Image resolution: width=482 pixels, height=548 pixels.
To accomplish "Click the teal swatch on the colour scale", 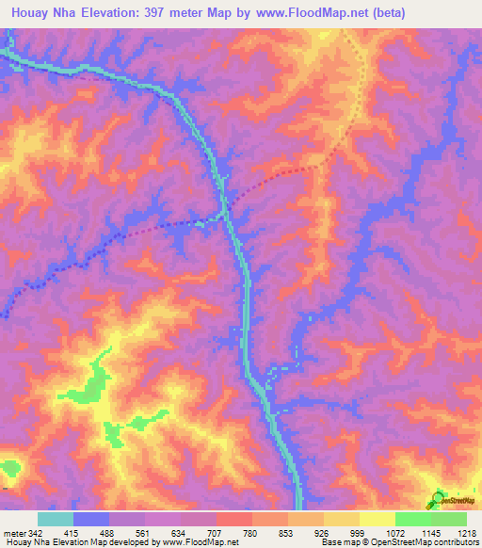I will [56, 520].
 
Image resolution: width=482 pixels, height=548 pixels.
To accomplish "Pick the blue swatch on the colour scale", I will [91, 520].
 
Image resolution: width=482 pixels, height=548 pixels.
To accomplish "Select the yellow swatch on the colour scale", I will [378, 520].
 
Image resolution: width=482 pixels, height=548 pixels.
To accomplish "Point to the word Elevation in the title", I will [123, 11].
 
